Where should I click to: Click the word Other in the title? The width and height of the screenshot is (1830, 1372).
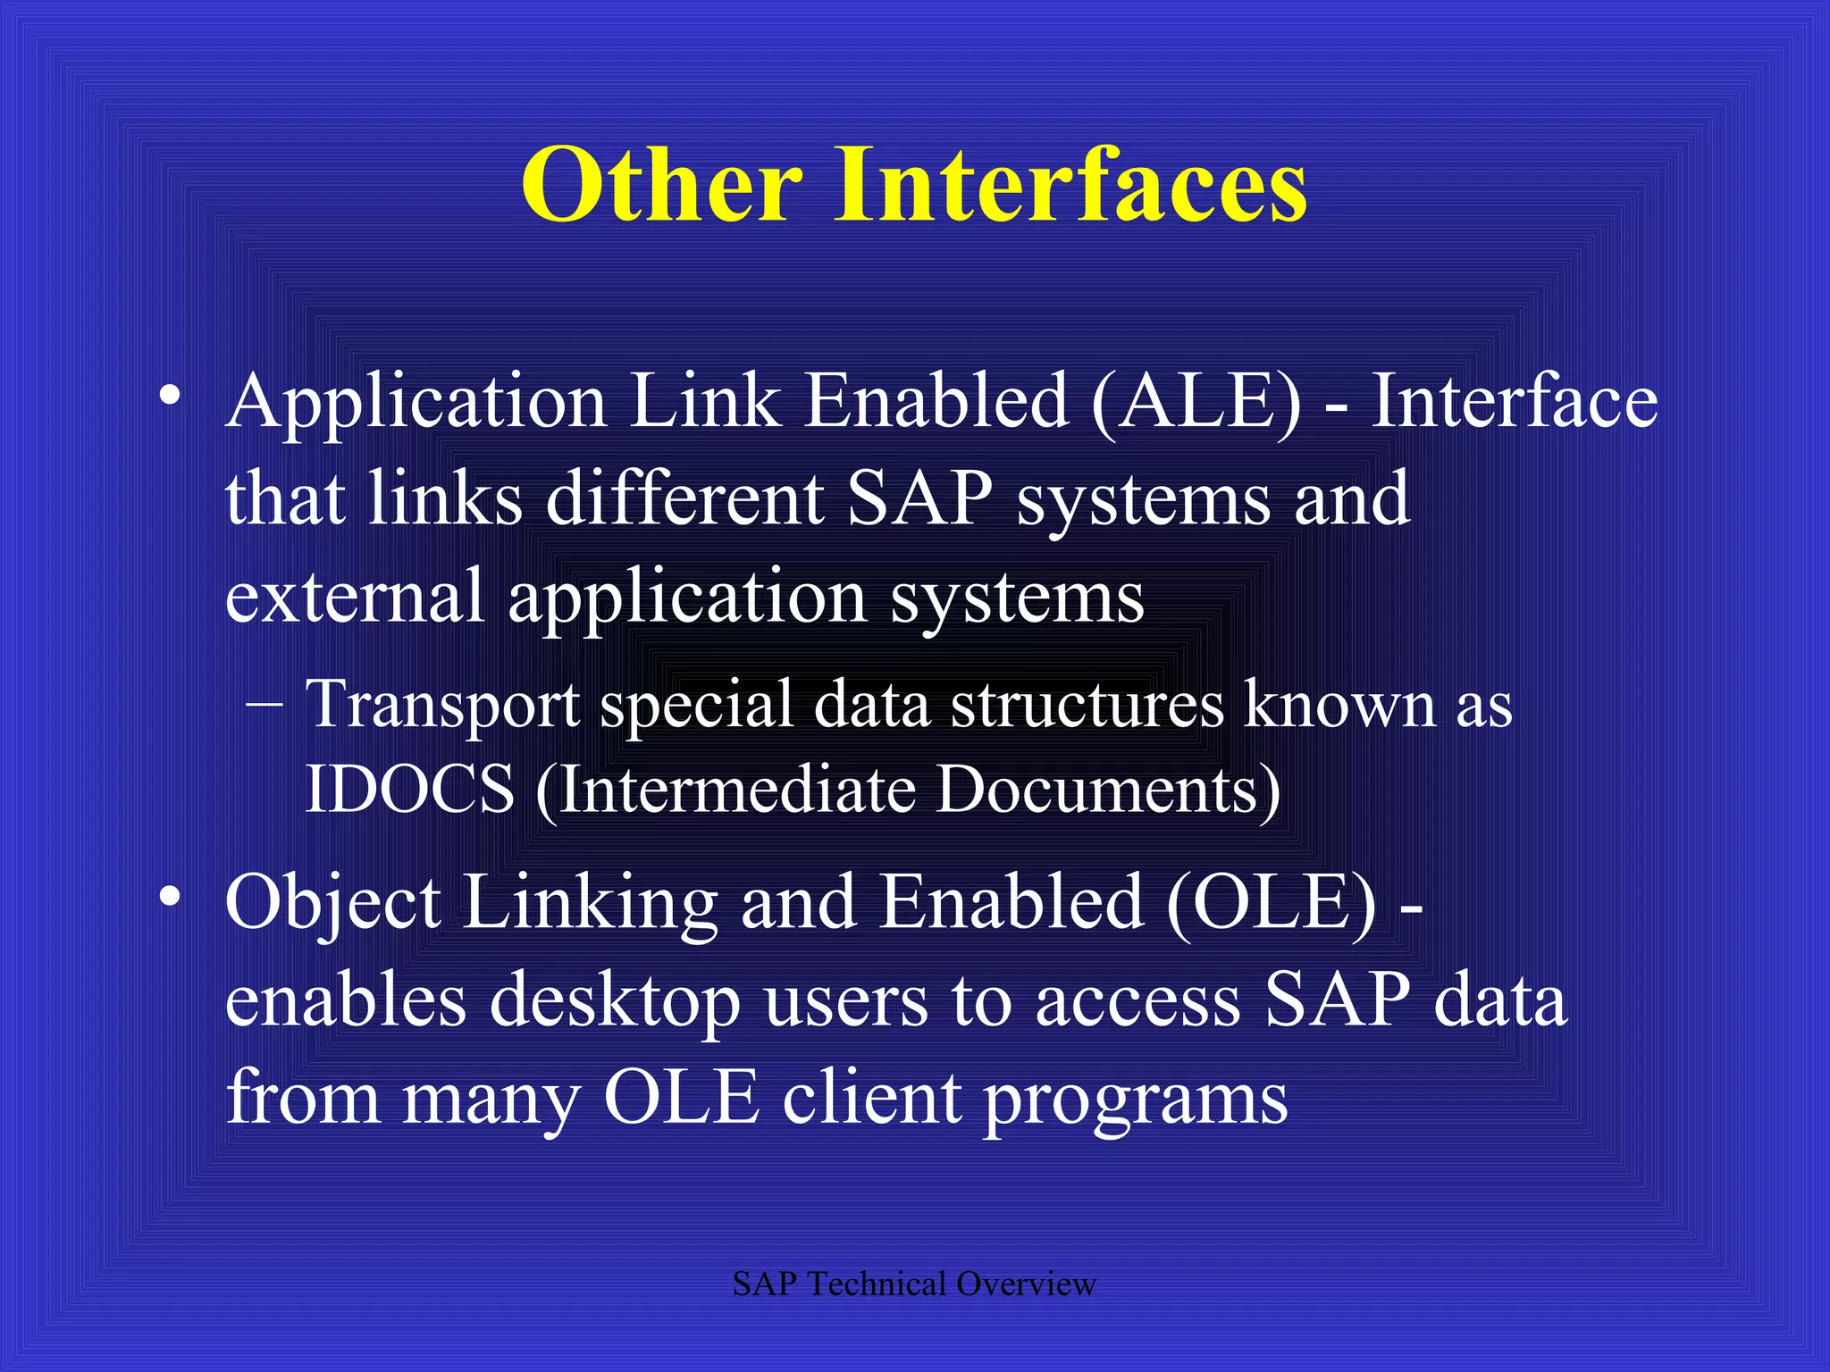[661, 186]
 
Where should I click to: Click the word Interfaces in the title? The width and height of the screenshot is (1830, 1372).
[1070, 186]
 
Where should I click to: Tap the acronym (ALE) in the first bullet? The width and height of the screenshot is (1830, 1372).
[1196, 402]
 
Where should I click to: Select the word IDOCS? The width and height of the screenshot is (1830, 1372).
[409, 790]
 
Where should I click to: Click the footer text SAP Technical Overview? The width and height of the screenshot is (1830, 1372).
[913, 1284]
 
